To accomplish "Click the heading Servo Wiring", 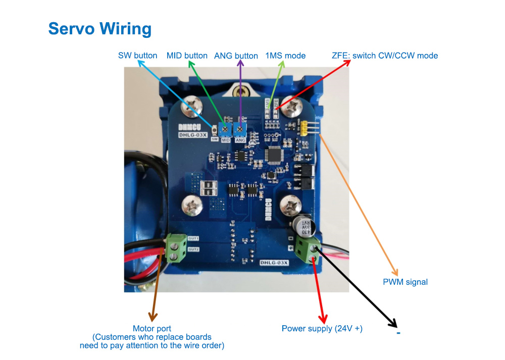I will (x=99, y=28).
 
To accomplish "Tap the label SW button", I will (x=137, y=56).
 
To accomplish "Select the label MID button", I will (x=187, y=56).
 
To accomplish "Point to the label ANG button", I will (x=236, y=56).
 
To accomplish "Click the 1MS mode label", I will (x=285, y=56).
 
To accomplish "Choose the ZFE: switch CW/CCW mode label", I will (x=384, y=56).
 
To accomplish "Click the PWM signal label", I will (x=405, y=282).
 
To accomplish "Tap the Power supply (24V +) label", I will (x=322, y=329).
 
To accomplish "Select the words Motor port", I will (x=151, y=329).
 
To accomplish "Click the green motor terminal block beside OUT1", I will (x=175, y=247).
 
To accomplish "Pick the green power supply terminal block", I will (x=308, y=249).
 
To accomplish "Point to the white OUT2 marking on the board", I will (x=193, y=249).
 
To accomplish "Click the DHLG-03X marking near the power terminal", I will (x=274, y=263).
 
